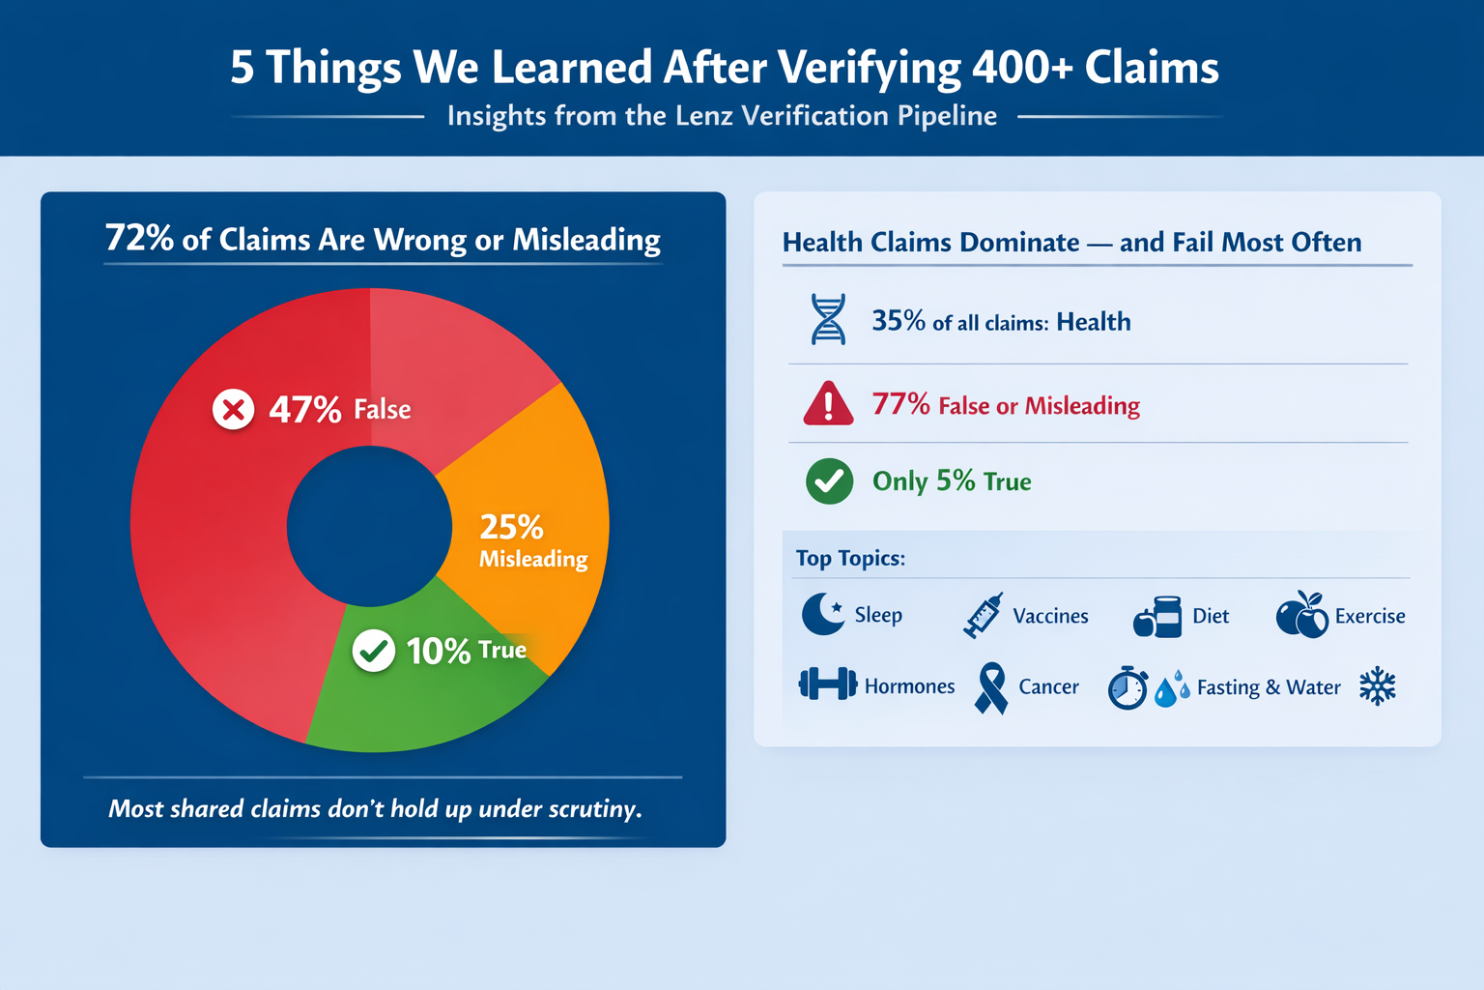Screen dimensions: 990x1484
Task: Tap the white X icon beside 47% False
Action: click(x=233, y=410)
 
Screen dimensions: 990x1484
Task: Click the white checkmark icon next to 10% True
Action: click(x=373, y=651)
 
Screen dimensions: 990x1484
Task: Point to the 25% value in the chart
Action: click(x=511, y=527)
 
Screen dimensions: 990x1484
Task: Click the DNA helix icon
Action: click(x=828, y=320)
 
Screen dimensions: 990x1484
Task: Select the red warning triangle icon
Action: click(x=828, y=404)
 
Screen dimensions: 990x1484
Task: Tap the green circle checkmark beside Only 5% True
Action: click(x=829, y=480)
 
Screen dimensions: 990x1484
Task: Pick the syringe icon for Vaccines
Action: click(x=984, y=616)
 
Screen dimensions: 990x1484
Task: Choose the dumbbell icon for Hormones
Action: click(x=827, y=684)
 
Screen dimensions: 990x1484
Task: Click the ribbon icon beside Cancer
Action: click(x=991, y=687)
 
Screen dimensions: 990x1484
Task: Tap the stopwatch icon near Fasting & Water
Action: click(x=1127, y=687)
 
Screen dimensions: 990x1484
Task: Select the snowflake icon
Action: click(x=1378, y=686)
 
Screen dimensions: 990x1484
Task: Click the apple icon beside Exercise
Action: click(x=1301, y=616)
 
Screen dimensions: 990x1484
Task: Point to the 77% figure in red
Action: click(x=900, y=404)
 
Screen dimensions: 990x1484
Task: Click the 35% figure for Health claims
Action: click(x=899, y=321)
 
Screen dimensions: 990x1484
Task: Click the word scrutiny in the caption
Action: click(x=593, y=809)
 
